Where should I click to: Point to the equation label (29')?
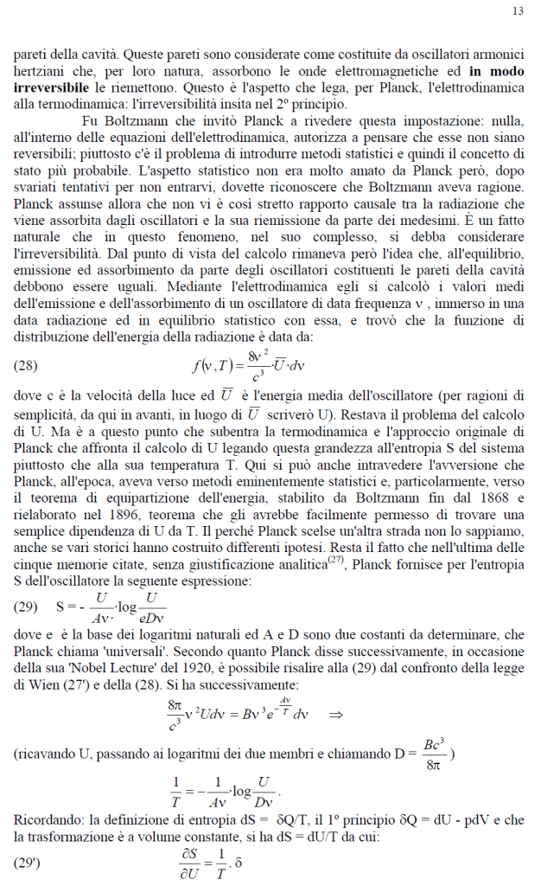coord(28,863)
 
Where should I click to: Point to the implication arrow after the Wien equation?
coord(337,715)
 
